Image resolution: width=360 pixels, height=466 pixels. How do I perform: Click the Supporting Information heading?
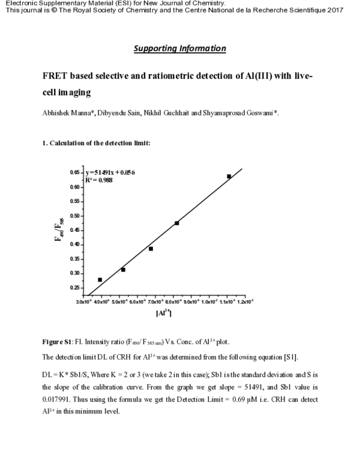pos(180,48)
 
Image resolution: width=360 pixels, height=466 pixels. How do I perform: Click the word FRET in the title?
pos(55,77)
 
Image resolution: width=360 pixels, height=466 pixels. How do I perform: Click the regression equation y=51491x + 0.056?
pos(110,172)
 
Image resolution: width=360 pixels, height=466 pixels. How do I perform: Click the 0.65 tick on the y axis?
pos(75,172)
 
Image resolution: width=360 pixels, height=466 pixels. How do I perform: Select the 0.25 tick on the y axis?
pos(75,288)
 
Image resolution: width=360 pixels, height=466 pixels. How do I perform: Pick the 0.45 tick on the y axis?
pos(75,230)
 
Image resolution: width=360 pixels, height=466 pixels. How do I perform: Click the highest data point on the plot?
pos(229,176)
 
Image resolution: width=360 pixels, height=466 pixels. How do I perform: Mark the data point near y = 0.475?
pos(176,223)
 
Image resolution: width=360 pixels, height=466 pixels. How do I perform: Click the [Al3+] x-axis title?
pos(163,313)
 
